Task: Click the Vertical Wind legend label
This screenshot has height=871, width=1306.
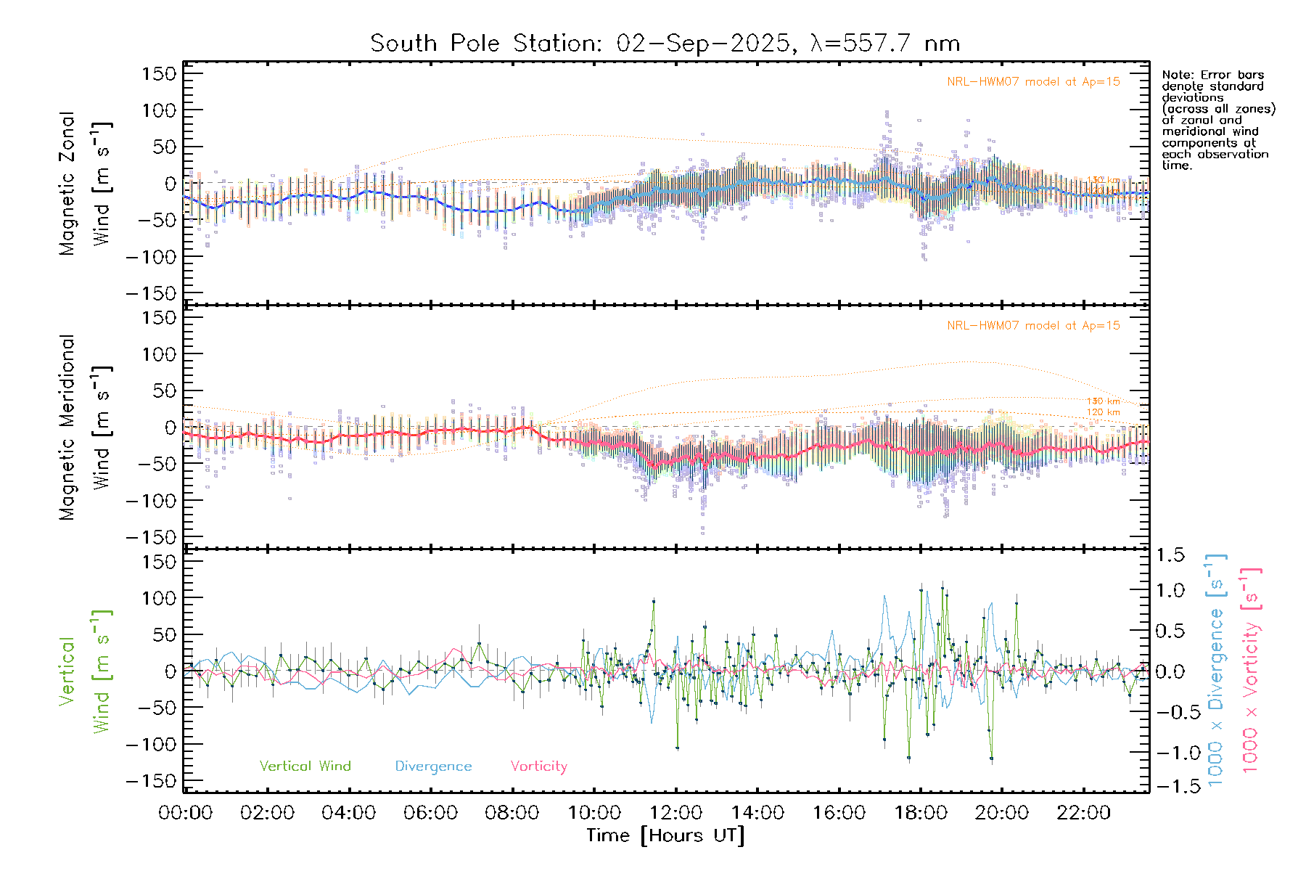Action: pyautogui.click(x=305, y=766)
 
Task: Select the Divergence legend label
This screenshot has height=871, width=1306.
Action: pyautogui.click(x=433, y=766)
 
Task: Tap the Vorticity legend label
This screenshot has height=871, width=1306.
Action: pyautogui.click(x=538, y=766)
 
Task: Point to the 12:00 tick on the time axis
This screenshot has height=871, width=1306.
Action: pyautogui.click(x=676, y=813)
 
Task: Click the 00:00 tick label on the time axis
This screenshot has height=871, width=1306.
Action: pyautogui.click(x=186, y=813)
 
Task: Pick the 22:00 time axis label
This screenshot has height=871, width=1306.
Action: pyautogui.click(x=1083, y=813)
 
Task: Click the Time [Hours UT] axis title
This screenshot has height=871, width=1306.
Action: pyautogui.click(x=665, y=835)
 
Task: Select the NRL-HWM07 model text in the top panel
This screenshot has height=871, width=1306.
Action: pyautogui.click(x=1033, y=82)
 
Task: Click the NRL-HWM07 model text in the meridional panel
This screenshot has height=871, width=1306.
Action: pyautogui.click(x=1033, y=326)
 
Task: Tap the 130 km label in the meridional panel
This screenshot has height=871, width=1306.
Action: pyautogui.click(x=1103, y=401)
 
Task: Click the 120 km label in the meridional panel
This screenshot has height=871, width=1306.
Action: pyautogui.click(x=1103, y=412)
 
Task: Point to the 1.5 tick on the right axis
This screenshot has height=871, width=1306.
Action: pyautogui.click(x=1170, y=555)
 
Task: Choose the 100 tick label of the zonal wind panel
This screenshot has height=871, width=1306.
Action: pyautogui.click(x=159, y=110)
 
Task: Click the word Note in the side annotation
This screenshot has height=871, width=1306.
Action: pyautogui.click(x=1176, y=75)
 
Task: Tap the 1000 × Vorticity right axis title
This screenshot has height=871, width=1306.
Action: pyautogui.click(x=1250, y=671)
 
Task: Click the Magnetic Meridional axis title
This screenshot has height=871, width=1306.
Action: pyautogui.click(x=67, y=428)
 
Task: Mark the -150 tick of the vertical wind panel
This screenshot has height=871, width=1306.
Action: pyautogui.click(x=151, y=781)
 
